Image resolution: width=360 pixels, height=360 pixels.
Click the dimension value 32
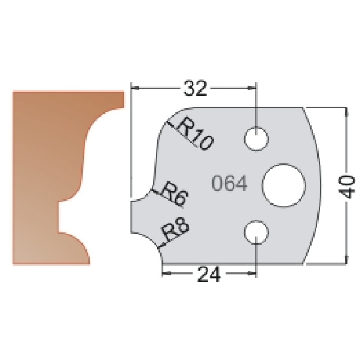tap(195, 88)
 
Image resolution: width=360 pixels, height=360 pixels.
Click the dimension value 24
tap(209, 274)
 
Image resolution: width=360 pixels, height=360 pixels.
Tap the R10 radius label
tap(195, 134)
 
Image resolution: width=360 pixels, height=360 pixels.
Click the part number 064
tap(229, 184)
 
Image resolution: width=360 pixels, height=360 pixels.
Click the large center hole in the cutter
tap(284, 185)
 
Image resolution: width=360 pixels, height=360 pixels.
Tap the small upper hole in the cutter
tap(256, 139)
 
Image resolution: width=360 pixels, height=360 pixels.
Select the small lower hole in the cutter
tap(256, 232)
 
